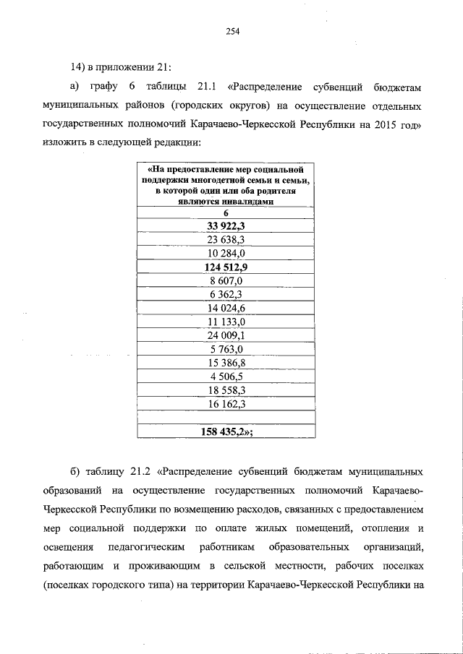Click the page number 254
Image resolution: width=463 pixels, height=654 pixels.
pos(231,31)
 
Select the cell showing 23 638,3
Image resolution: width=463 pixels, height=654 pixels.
pos(226,240)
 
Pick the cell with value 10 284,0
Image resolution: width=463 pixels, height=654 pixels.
pos(226,254)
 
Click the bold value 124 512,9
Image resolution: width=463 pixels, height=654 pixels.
pos(226,267)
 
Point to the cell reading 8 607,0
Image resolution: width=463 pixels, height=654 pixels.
pos(226,280)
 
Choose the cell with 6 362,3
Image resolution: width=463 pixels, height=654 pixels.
pos(226,294)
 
